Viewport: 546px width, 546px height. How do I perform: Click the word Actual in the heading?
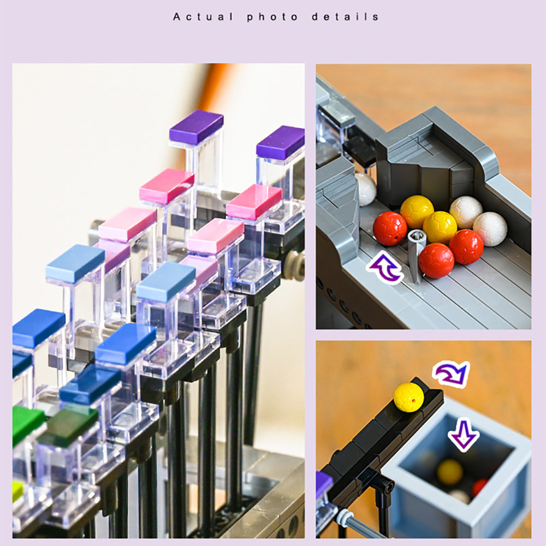[x=203, y=17]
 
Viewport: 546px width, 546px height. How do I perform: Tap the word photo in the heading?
[x=272, y=17]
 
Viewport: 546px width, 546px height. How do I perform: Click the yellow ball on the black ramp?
[x=409, y=397]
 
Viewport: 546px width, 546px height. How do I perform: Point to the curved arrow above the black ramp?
[x=452, y=373]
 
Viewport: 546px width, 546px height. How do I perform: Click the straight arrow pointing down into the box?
[x=464, y=435]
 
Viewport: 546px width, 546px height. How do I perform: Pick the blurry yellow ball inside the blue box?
[x=449, y=472]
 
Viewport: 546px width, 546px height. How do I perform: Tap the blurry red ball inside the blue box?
[x=480, y=488]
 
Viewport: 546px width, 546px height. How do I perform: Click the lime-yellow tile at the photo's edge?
[x=17, y=491]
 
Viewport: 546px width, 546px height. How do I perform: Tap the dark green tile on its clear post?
[x=68, y=426]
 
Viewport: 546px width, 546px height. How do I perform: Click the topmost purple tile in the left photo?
[x=197, y=127]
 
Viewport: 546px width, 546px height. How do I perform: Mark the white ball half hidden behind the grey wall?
[x=366, y=189]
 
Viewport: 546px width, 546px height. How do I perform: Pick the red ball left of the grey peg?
[x=390, y=228]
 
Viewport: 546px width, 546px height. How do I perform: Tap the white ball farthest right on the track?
[x=490, y=229]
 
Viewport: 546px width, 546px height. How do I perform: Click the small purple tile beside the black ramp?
[x=323, y=484]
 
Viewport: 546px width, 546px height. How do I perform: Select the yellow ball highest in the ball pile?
[x=417, y=212]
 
